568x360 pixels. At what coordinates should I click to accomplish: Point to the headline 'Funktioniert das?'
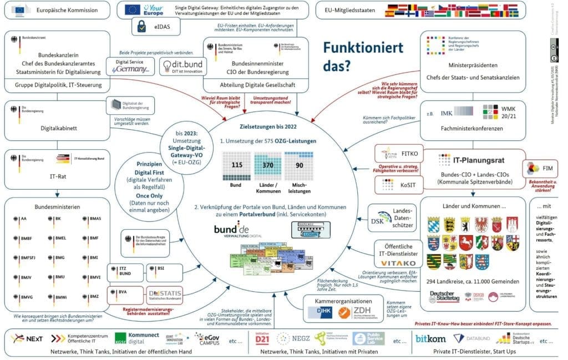(364, 57)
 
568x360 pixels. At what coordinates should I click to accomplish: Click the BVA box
(126, 292)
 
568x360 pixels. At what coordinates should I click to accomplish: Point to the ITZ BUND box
(126, 271)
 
